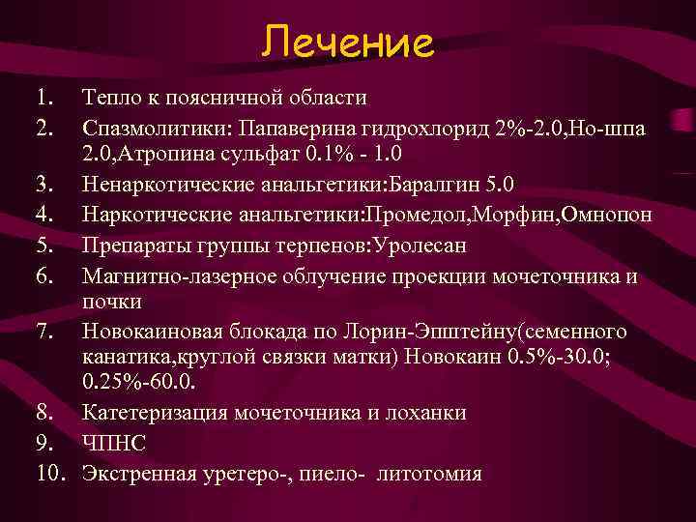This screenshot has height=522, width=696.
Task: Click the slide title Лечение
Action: coord(347,42)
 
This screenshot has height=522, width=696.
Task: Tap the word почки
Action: coord(113,303)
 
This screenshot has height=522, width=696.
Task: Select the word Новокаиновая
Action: coord(157,333)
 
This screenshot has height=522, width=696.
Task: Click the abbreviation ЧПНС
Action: coord(113,444)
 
